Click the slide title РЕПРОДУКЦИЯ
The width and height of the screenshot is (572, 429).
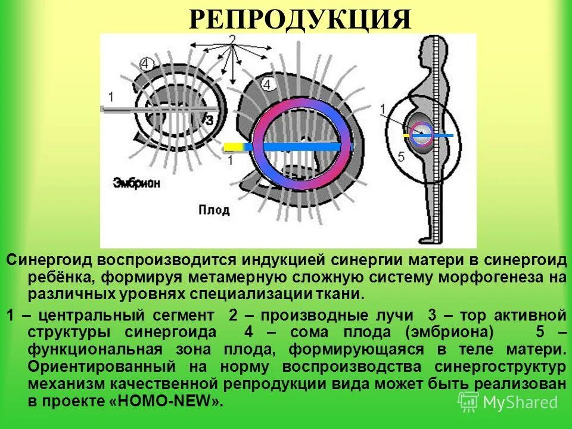pos(300,20)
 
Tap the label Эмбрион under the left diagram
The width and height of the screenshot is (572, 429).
pos(137,184)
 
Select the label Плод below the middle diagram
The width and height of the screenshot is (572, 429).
pos(210,209)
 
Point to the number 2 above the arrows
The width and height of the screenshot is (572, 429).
pos(232,39)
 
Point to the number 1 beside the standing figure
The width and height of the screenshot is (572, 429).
pos(384,108)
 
